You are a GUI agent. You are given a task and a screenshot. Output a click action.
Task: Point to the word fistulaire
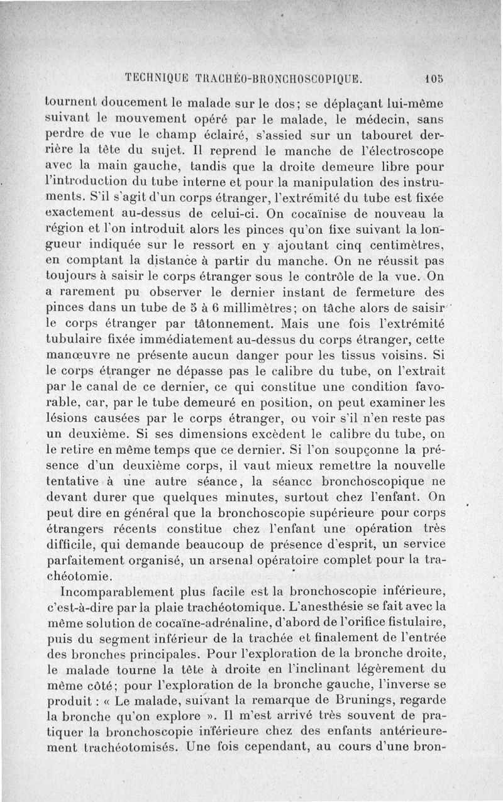click(x=416, y=624)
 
